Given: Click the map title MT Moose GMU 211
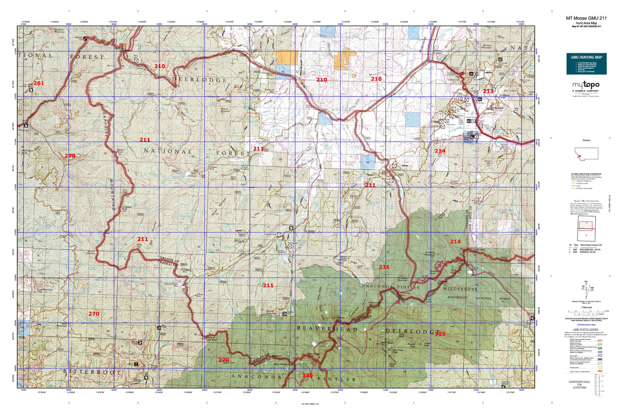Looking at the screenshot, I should tap(586, 18).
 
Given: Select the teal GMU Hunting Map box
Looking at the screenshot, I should tap(586, 64).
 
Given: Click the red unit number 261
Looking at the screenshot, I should tap(39, 83).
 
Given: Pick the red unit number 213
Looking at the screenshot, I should tap(488, 91).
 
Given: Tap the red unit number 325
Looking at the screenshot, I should tap(440, 334).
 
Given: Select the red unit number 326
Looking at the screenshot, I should tap(307, 375).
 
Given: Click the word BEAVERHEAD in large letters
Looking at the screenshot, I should tap(327, 329).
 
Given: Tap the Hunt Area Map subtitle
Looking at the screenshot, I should tap(586, 23).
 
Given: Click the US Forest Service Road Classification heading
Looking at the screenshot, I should tap(586, 174).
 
